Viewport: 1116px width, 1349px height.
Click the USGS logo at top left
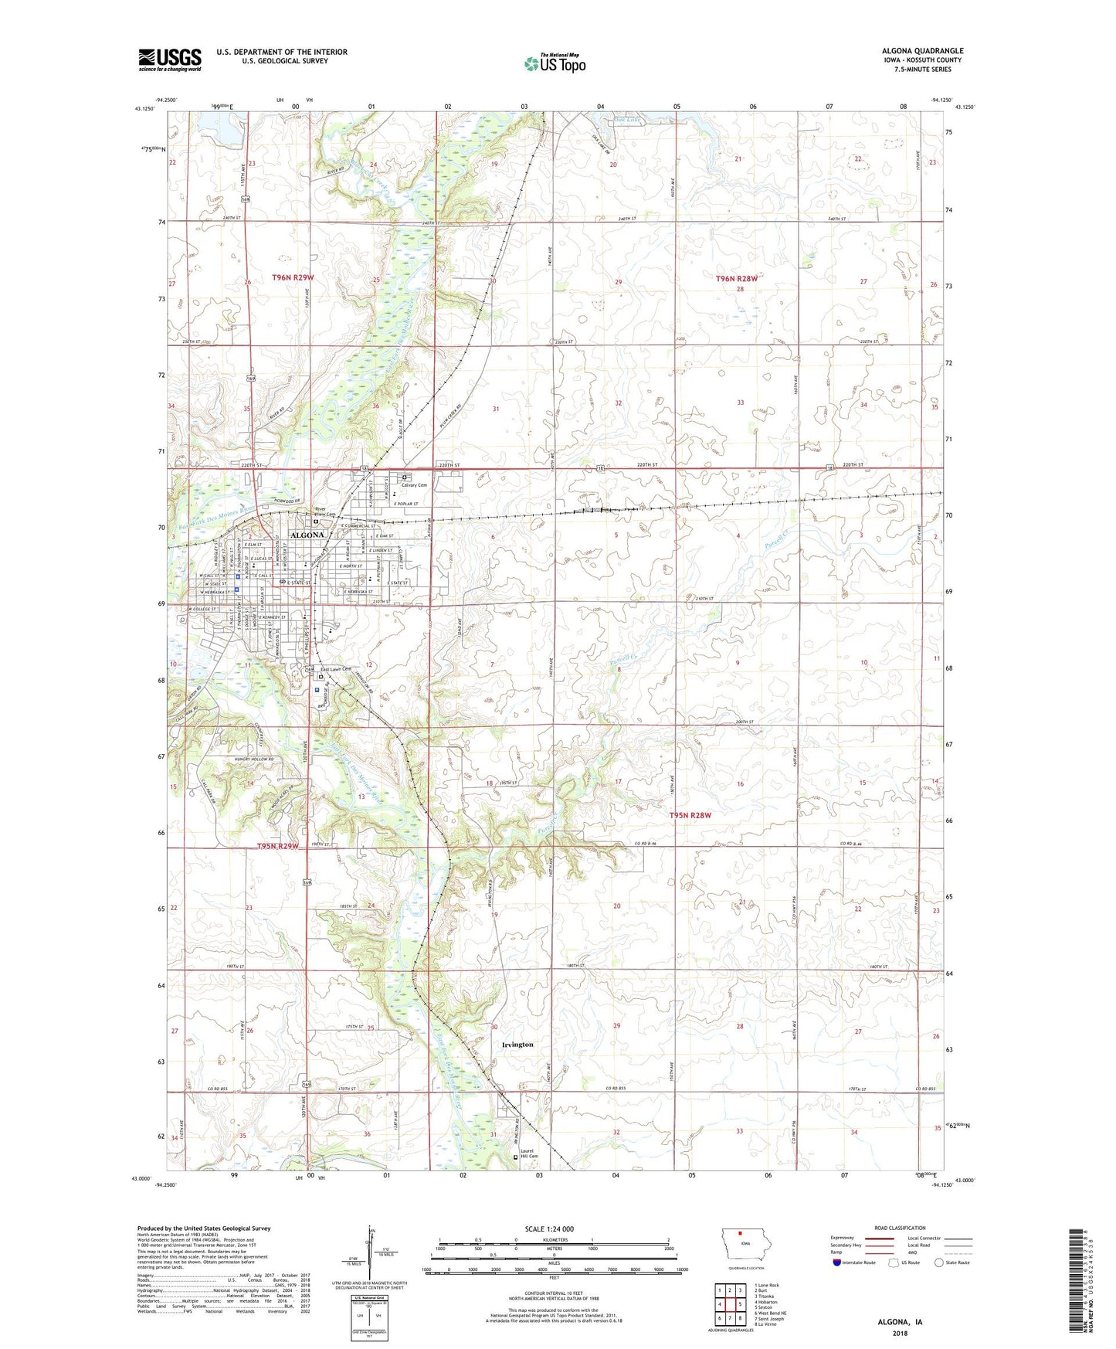tap(170, 59)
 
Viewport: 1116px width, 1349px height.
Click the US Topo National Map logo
tap(555, 63)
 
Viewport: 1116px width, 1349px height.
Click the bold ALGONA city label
tap(307, 535)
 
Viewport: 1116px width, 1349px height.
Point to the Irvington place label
tap(517, 1045)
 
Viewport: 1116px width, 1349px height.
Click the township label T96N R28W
tap(736, 278)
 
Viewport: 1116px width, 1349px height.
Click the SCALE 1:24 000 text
tap(549, 1228)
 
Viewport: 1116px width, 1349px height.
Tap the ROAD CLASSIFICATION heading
tap(900, 1228)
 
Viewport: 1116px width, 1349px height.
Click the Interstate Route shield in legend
tap(837, 1262)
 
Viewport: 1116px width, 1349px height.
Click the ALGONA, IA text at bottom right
tap(900, 1322)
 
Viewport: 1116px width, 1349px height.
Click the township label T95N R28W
tap(690, 815)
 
